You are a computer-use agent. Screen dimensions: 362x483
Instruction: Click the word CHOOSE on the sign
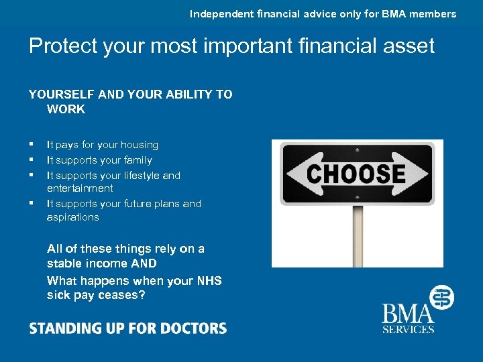(x=356, y=174)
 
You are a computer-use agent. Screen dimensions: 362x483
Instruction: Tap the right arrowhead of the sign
(x=419, y=174)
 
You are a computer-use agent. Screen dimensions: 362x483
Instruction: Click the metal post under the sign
(x=358, y=235)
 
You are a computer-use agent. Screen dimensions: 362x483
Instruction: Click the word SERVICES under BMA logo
(x=409, y=328)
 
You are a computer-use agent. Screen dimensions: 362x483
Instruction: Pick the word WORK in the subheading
(x=66, y=109)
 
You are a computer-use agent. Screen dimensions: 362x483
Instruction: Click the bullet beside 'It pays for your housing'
(x=31, y=145)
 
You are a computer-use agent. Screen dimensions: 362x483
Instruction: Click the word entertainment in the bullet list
(x=80, y=188)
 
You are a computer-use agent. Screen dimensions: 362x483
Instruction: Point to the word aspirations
(x=72, y=217)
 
